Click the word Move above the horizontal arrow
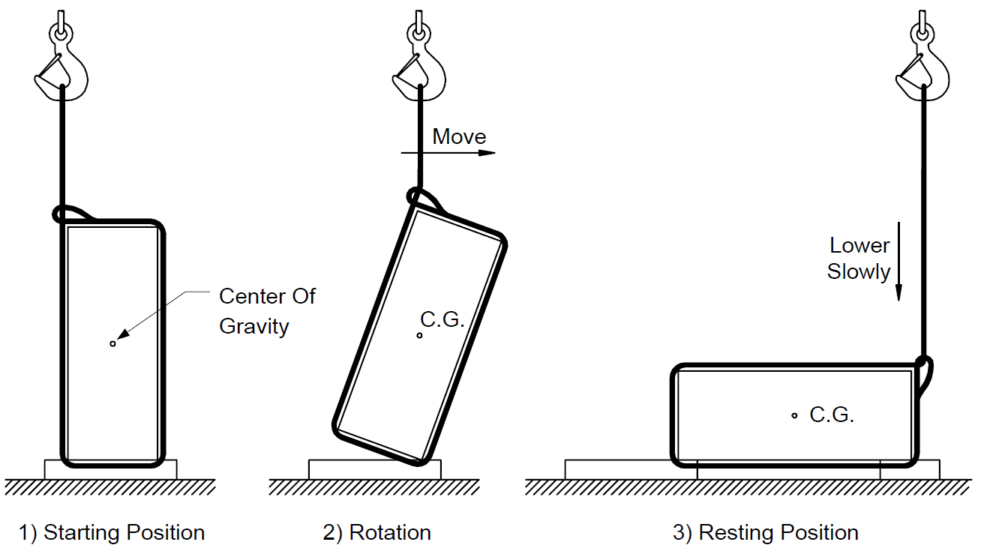click(459, 136)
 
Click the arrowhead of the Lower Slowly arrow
click(898, 293)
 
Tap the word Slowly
click(858, 272)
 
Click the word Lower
click(859, 246)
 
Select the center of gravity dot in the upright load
click(112, 343)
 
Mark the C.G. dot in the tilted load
click(419, 335)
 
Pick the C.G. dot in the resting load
click(794, 415)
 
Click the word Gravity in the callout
click(254, 327)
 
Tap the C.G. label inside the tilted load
click(442, 319)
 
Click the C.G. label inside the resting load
click(832, 415)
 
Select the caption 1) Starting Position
click(112, 533)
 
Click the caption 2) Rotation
click(376, 533)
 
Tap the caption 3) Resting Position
click(766, 533)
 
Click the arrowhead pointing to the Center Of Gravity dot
click(124, 334)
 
